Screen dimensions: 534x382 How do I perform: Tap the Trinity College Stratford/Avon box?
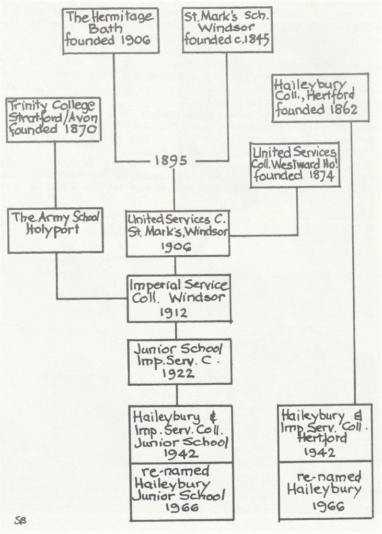click(54, 120)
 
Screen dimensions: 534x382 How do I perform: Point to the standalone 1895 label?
click(172, 161)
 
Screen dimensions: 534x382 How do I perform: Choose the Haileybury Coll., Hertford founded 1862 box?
click(320, 98)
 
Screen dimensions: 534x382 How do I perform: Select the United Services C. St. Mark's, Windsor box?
click(178, 233)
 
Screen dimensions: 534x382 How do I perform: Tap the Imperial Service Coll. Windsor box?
click(178, 300)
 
